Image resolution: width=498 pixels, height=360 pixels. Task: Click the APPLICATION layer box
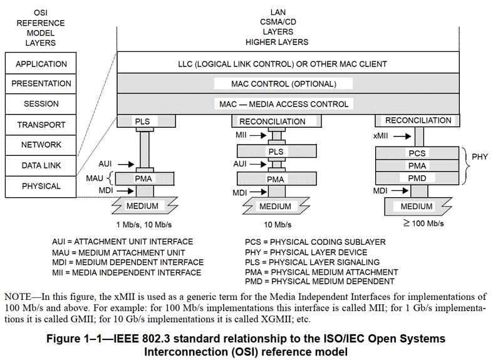(x=41, y=64)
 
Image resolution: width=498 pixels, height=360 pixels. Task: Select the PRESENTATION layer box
(x=41, y=84)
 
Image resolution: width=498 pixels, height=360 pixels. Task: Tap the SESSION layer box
(x=41, y=104)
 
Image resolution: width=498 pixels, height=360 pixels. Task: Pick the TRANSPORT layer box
(x=41, y=125)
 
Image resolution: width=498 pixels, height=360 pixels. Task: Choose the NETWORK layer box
(x=41, y=145)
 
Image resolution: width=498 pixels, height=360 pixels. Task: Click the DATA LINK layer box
(x=41, y=165)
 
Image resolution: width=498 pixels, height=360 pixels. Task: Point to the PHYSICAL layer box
(x=41, y=186)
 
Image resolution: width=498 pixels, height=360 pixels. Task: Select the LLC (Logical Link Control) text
(x=283, y=64)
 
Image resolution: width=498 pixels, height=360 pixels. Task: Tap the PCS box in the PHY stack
(x=417, y=153)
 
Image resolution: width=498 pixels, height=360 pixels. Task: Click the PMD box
(x=417, y=178)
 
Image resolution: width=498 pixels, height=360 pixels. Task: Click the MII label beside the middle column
(x=242, y=135)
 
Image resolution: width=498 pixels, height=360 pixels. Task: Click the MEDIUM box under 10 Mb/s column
(x=275, y=206)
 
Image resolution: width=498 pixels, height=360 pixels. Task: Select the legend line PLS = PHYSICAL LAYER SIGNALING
(x=312, y=262)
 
